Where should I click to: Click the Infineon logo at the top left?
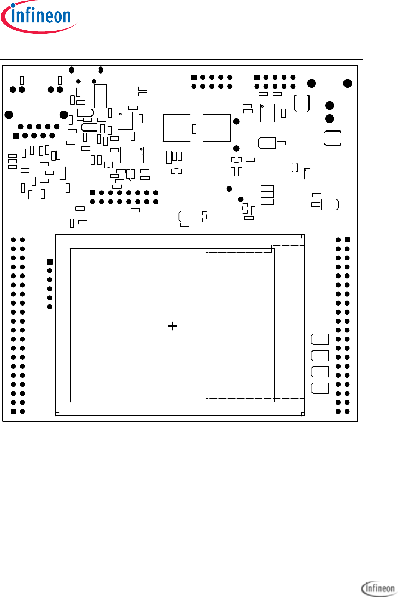pos(39,17)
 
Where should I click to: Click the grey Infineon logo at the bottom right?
pos(378,588)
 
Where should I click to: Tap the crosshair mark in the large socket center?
pos(172,326)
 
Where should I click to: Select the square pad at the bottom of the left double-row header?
pos(13,411)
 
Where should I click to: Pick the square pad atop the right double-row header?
pos(347,240)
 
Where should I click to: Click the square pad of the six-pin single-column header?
pos(50,262)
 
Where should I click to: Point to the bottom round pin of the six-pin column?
pos(50,307)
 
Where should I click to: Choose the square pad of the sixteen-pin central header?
pos(93,193)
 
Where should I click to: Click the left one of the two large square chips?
pos(177,128)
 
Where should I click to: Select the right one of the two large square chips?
pos(217,128)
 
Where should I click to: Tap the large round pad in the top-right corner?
pos(348,83)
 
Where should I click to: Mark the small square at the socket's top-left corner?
pos(57,236)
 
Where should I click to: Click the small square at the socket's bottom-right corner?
pos(303,414)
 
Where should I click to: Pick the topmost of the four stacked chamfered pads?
pos(320,339)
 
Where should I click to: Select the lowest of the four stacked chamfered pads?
pos(320,388)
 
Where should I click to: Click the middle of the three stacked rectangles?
pos(267,195)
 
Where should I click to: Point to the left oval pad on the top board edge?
pos(72,70)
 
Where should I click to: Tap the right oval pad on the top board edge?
pos(100,70)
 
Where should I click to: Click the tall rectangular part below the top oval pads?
pos(100,96)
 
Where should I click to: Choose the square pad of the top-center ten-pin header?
pos(194,77)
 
